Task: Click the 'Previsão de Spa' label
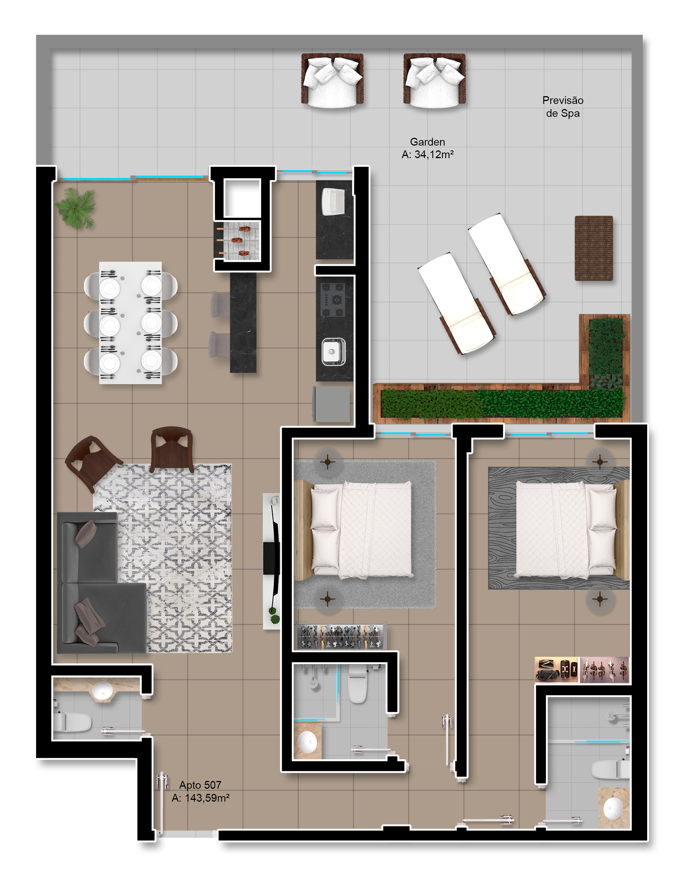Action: [x=562, y=107]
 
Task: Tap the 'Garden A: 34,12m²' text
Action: [x=428, y=148]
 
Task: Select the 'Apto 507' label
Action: [x=200, y=785]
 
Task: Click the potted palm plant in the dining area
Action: [x=76, y=207]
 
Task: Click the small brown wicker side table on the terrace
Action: [x=594, y=248]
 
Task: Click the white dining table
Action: [x=130, y=323]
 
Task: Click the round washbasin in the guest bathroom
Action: [x=102, y=690]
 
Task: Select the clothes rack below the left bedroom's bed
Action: [x=341, y=636]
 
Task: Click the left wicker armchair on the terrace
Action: [x=332, y=80]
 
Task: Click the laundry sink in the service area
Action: [x=333, y=202]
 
